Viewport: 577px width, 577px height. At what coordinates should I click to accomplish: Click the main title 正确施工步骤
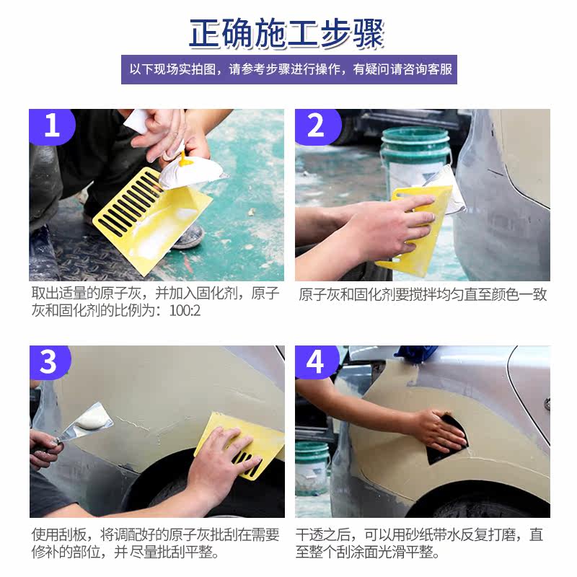coord(286,33)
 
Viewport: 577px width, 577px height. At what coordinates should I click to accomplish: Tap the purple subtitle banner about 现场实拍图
coord(289,69)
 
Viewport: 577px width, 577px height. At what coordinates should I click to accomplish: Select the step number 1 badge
coord(52,126)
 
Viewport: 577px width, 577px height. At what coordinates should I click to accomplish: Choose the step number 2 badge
coord(317,126)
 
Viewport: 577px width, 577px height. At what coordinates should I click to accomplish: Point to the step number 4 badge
coord(316,362)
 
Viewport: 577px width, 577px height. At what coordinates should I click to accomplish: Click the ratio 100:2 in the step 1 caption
coord(185,311)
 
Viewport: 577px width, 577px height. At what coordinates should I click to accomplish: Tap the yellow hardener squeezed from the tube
coord(183,159)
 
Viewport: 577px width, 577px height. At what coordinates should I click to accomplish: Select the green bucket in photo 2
coord(416,158)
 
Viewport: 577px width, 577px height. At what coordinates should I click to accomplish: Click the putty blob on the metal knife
coord(93,420)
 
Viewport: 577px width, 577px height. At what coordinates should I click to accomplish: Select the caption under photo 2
coord(423,294)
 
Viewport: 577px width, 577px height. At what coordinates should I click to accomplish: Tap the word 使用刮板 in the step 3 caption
coord(59,534)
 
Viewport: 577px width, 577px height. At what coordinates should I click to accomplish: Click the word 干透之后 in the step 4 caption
coord(323,534)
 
